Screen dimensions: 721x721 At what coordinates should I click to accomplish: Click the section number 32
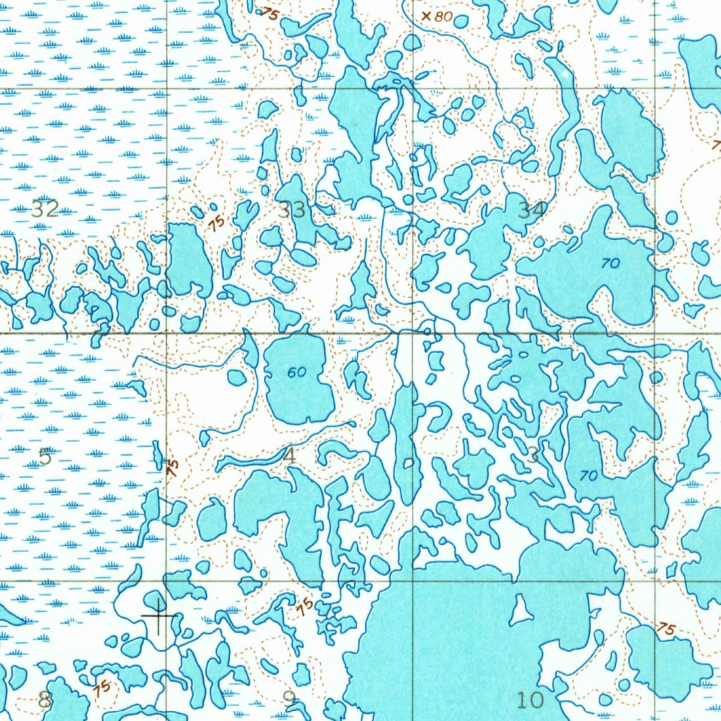point(45,208)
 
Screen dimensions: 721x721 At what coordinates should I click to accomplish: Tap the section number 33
point(291,209)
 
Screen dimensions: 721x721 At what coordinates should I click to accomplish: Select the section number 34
point(532,209)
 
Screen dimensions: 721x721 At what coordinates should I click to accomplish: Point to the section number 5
point(45,456)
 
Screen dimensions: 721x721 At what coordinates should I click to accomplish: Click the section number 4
point(289,456)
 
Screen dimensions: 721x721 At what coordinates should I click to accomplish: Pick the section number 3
point(533,456)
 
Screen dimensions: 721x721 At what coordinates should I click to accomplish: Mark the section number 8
point(45,700)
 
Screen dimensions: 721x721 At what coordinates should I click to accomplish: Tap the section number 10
point(530,700)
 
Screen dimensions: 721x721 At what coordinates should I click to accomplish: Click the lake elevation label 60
point(296,372)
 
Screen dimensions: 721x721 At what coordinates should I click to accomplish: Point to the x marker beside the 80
point(426,15)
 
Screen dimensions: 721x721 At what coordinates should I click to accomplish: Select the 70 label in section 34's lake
point(610,263)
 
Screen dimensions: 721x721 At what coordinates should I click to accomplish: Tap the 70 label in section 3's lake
point(589,476)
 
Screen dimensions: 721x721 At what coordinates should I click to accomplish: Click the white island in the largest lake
point(521,611)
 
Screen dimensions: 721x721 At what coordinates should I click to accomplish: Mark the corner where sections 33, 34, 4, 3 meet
point(412,332)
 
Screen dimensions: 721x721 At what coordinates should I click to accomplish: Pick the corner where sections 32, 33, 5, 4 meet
point(168,332)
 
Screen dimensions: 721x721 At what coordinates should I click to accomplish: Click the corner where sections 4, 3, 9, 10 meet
point(412,581)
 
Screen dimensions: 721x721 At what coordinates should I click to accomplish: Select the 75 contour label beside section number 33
point(216,222)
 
